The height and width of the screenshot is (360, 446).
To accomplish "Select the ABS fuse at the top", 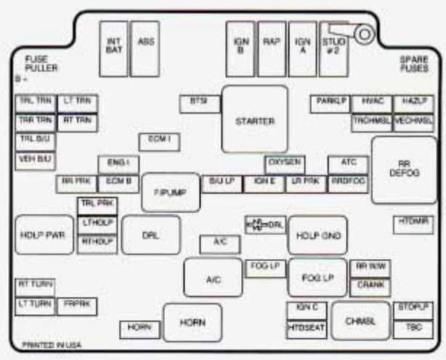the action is [146, 48].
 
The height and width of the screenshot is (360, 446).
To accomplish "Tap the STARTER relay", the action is [255, 121].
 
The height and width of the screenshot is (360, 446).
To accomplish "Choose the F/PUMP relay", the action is [170, 192].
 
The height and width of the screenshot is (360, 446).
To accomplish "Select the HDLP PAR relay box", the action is [39, 235].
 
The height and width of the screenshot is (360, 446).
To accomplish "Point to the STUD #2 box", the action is [335, 48].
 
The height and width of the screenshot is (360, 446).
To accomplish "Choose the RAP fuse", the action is [271, 48].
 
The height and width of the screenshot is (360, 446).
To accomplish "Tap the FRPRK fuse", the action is [76, 304].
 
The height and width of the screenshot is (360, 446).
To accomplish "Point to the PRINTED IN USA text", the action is [50, 344].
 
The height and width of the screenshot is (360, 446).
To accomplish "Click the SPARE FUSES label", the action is [413, 64].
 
